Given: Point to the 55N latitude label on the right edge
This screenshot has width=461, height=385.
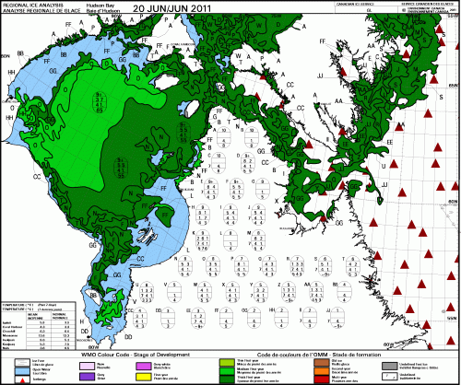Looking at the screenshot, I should [451, 316].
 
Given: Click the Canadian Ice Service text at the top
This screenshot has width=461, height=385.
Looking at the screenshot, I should [329, 4].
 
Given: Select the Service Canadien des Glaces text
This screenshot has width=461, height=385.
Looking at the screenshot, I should [411, 4].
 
